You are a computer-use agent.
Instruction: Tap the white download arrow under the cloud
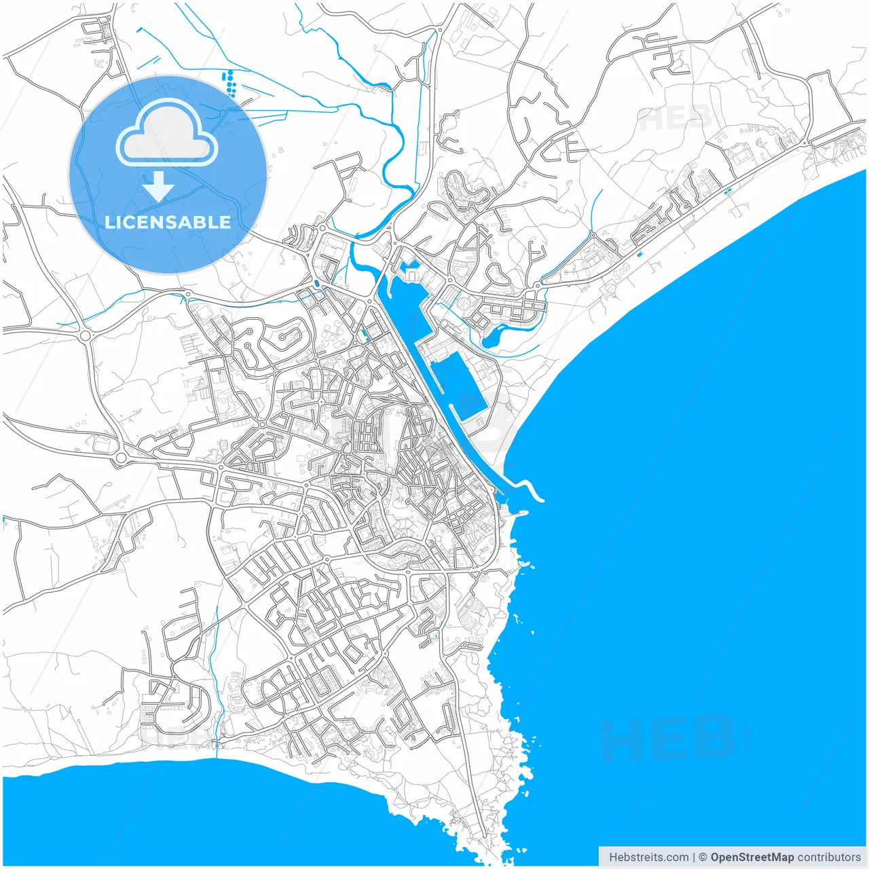158,186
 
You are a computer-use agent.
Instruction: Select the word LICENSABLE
168,222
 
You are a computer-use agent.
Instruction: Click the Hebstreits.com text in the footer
648,857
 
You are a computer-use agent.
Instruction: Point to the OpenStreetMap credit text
752,857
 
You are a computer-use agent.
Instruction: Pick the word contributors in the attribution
829,857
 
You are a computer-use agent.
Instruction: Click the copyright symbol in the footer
703,857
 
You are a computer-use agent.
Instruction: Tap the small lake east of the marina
498,335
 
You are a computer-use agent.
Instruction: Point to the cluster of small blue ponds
229,81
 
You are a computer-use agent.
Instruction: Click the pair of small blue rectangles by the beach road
728,191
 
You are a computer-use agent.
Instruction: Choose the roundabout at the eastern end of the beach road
805,143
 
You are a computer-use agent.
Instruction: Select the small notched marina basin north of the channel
410,272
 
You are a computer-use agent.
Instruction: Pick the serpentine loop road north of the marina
464,190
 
